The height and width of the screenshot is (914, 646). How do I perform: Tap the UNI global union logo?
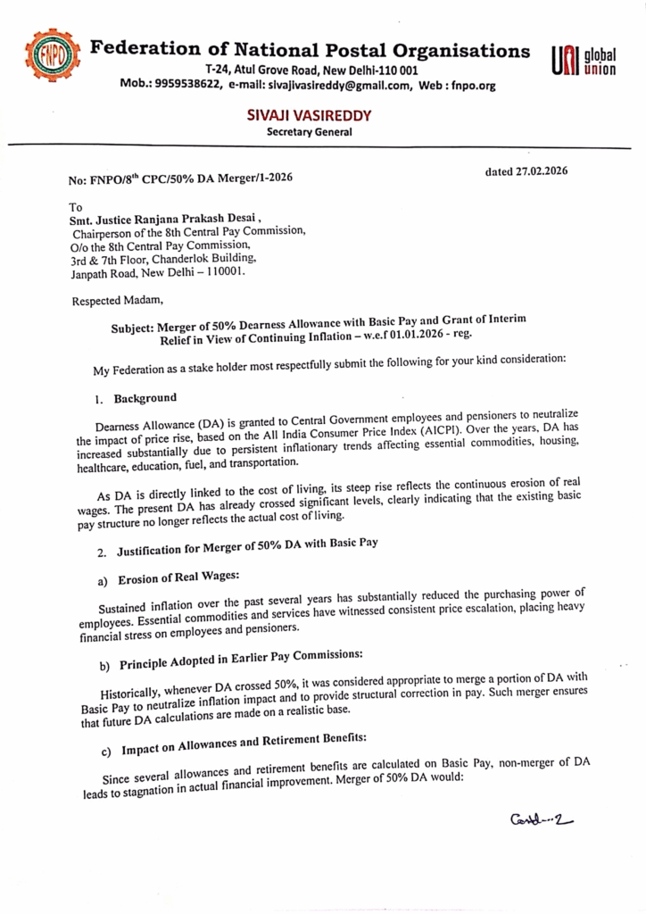584,63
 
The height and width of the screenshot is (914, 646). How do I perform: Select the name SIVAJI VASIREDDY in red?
310,117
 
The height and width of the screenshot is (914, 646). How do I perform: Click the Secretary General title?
310,133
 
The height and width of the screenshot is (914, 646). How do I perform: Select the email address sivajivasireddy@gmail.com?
341,85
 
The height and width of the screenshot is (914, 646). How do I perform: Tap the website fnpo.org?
475,85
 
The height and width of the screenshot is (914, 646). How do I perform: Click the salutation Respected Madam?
112,301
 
